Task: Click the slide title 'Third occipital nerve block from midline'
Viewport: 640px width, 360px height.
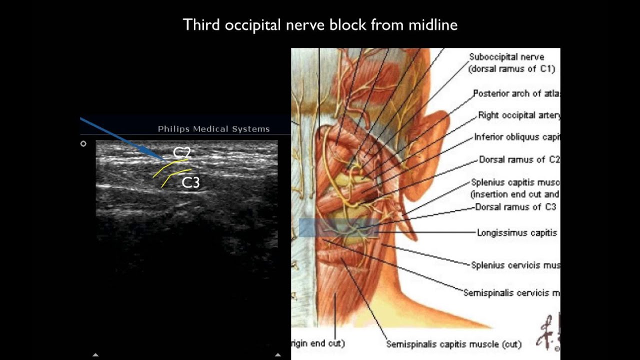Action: pyautogui.click(x=320, y=24)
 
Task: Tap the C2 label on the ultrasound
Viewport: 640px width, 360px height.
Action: pyautogui.click(x=182, y=152)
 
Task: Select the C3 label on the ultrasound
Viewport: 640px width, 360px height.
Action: pyautogui.click(x=190, y=182)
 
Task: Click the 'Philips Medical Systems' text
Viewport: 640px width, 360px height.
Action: pyautogui.click(x=213, y=129)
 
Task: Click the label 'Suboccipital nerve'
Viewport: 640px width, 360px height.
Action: pyautogui.click(x=506, y=57)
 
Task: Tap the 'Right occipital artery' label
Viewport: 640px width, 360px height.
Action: pyautogui.click(x=518, y=115)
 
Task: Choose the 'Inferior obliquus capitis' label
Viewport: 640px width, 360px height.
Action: pyautogui.click(x=516, y=137)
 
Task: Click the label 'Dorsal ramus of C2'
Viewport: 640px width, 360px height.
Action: pyautogui.click(x=519, y=159)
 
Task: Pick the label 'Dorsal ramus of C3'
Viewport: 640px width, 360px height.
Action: pyautogui.click(x=515, y=207)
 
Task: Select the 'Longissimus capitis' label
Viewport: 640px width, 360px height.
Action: pyautogui.click(x=516, y=232)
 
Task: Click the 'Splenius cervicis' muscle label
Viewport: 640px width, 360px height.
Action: pyautogui.click(x=515, y=265)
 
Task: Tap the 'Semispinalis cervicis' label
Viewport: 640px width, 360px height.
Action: pyautogui.click(x=511, y=293)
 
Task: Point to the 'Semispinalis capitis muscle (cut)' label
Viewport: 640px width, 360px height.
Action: pyautogui.click(x=453, y=344)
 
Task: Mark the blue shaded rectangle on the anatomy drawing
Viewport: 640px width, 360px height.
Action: pyautogui.click(x=338, y=227)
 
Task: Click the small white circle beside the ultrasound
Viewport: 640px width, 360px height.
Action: pyautogui.click(x=83, y=143)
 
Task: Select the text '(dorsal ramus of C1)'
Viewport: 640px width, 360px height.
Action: pyautogui.click(x=511, y=69)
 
